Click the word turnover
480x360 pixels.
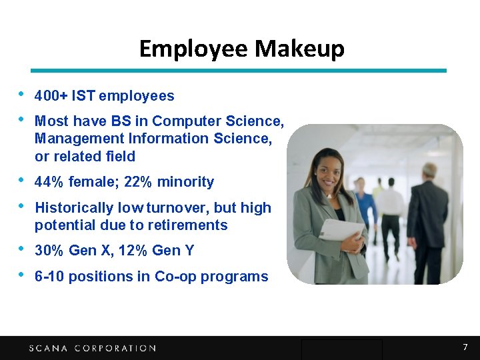[183, 208]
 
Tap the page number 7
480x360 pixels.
[465, 347]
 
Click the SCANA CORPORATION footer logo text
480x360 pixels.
[92, 348]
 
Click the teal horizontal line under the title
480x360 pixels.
[239, 70]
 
